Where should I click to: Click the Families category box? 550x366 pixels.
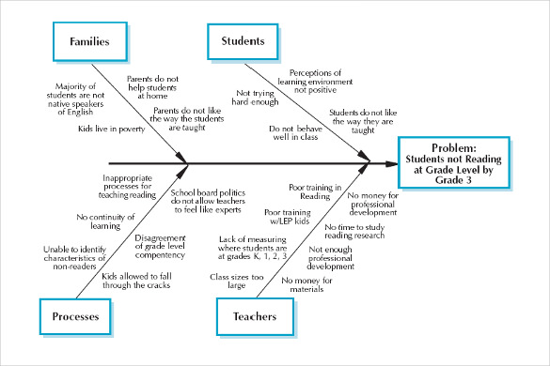(86, 42)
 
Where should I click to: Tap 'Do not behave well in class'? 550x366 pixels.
(294, 132)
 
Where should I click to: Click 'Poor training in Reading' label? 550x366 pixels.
(317, 192)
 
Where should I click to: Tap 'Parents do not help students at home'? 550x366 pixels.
(153, 85)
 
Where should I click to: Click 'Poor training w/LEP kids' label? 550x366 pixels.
(288, 218)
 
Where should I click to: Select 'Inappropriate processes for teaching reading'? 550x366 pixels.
(133, 186)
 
